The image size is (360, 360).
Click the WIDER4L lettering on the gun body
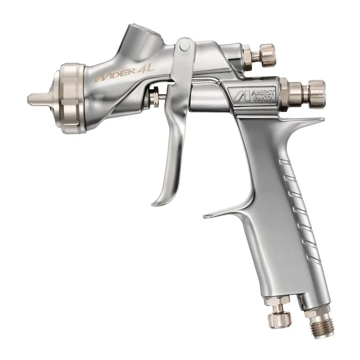(124, 73)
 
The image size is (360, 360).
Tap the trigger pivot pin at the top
(184, 46)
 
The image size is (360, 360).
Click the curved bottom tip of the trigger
(158, 202)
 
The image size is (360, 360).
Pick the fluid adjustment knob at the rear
(316, 94)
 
